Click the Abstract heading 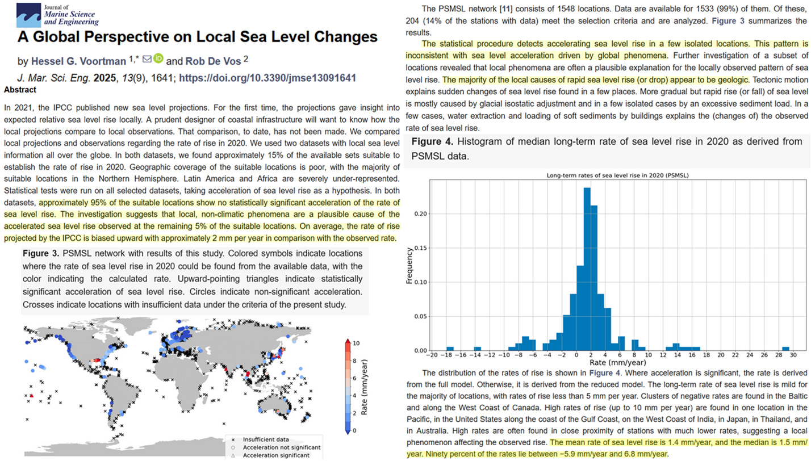pyautogui.click(x=20, y=90)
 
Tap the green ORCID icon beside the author pyautogui.click(x=158, y=58)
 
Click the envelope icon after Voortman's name pyautogui.click(x=147, y=58)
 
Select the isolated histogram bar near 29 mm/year pyautogui.click(x=785, y=349)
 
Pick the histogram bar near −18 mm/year pyautogui.click(x=450, y=349)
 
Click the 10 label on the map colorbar pyautogui.click(x=356, y=343)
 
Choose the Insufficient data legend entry pyautogui.click(x=266, y=439)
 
